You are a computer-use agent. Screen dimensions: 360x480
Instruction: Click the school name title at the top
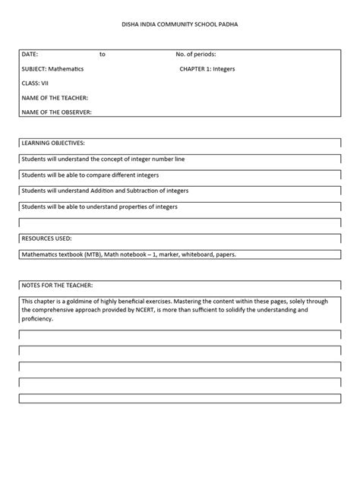click(x=180, y=25)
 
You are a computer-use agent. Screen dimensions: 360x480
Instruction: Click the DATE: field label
click(x=30, y=55)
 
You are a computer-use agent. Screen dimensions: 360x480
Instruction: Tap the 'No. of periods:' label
click(x=196, y=55)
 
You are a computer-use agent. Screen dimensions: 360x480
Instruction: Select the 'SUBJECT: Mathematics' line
click(x=53, y=69)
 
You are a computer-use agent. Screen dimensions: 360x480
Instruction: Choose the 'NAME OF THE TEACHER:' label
click(x=55, y=98)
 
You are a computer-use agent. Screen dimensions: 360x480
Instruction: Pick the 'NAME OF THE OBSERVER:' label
click(x=57, y=112)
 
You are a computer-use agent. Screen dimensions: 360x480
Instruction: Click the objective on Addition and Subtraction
click(x=106, y=191)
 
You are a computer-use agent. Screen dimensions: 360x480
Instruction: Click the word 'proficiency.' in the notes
click(x=38, y=319)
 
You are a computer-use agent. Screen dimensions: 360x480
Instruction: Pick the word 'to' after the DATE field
click(x=103, y=55)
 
